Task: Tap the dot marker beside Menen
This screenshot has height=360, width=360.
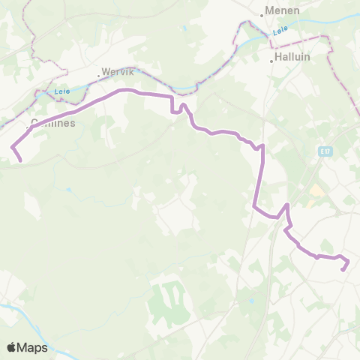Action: click(264, 13)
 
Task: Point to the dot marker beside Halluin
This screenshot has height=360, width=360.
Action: click(271, 61)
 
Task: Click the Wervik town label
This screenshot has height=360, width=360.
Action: click(118, 73)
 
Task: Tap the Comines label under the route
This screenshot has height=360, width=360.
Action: click(53, 124)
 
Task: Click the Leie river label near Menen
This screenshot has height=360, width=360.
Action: click(280, 31)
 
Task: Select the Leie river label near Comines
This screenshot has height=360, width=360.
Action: click(61, 92)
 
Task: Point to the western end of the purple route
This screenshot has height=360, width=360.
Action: click(19, 160)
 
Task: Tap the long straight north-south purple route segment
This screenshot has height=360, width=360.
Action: click(259, 180)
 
